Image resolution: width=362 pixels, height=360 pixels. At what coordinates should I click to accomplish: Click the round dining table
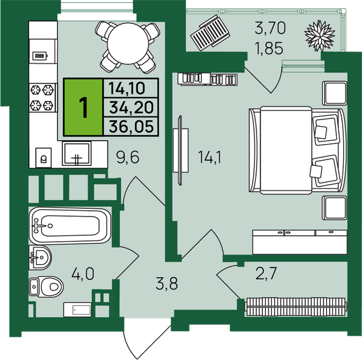[126, 43]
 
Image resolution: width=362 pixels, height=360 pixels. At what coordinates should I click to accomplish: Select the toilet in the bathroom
[46, 283]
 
